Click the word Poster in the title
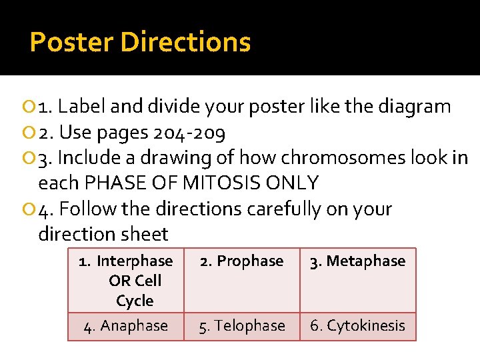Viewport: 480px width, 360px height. (72, 43)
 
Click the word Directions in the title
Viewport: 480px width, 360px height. (186, 43)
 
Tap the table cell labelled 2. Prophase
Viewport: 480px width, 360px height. (241, 261)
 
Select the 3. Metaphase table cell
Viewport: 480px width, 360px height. (357, 261)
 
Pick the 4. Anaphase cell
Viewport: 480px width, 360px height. (126, 326)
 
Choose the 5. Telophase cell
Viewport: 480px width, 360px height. (241, 326)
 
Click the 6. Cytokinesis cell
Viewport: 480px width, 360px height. (357, 326)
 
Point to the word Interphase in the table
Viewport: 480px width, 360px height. (134, 261)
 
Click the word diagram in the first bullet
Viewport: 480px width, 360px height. (415, 107)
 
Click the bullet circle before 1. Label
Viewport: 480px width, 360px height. (31, 107)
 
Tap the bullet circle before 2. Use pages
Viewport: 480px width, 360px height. (31, 133)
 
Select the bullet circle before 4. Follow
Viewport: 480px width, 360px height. (31, 210)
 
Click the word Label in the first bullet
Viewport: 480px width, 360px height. (83, 107)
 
